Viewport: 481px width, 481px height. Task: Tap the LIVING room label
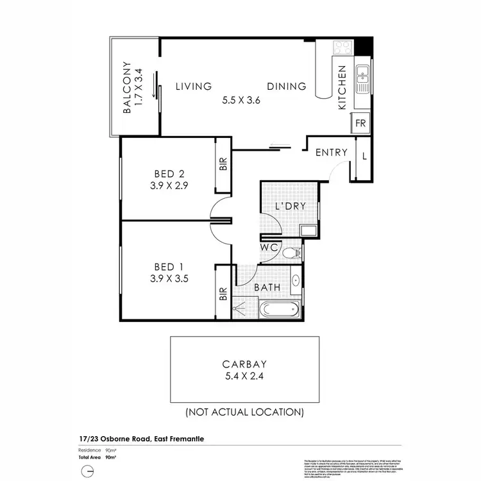194,87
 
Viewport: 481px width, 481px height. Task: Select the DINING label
287,87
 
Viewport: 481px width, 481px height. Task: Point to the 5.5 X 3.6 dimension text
241,100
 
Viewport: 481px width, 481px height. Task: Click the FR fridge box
360,123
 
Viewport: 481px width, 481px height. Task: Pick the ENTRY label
332,153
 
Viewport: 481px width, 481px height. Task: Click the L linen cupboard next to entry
364,156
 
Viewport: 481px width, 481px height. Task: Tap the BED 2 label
169,173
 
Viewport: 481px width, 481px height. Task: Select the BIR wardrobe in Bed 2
223,164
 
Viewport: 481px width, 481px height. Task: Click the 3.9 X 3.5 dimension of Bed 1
169,278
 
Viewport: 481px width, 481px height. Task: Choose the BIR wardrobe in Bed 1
223,294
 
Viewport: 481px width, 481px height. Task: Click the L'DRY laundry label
290,207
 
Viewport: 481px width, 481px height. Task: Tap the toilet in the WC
291,253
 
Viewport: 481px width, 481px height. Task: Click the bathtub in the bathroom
280,311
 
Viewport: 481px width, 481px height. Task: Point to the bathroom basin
296,280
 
